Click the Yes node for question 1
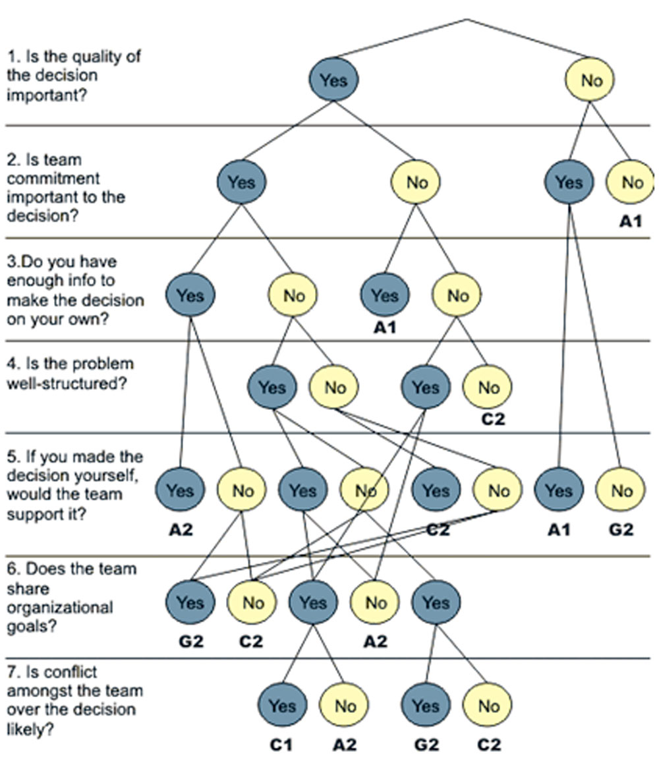[x=333, y=80]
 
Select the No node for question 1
[x=590, y=80]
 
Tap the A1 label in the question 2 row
[x=631, y=221]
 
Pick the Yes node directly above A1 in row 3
[x=385, y=295]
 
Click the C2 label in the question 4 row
[x=493, y=419]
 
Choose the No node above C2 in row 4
[x=488, y=387]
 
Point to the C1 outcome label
[x=281, y=745]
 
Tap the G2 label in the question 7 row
[x=426, y=745]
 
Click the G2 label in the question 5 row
[x=621, y=529]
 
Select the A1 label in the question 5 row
[x=559, y=529]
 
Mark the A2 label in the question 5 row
[x=181, y=529]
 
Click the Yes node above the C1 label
[x=282, y=705]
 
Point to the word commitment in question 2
[x=53, y=178]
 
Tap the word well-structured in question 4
[x=67, y=383]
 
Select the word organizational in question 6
[x=60, y=607]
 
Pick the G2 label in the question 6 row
[x=191, y=641]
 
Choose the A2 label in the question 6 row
[x=375, y=641]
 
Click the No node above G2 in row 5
[x=620, y=490]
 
